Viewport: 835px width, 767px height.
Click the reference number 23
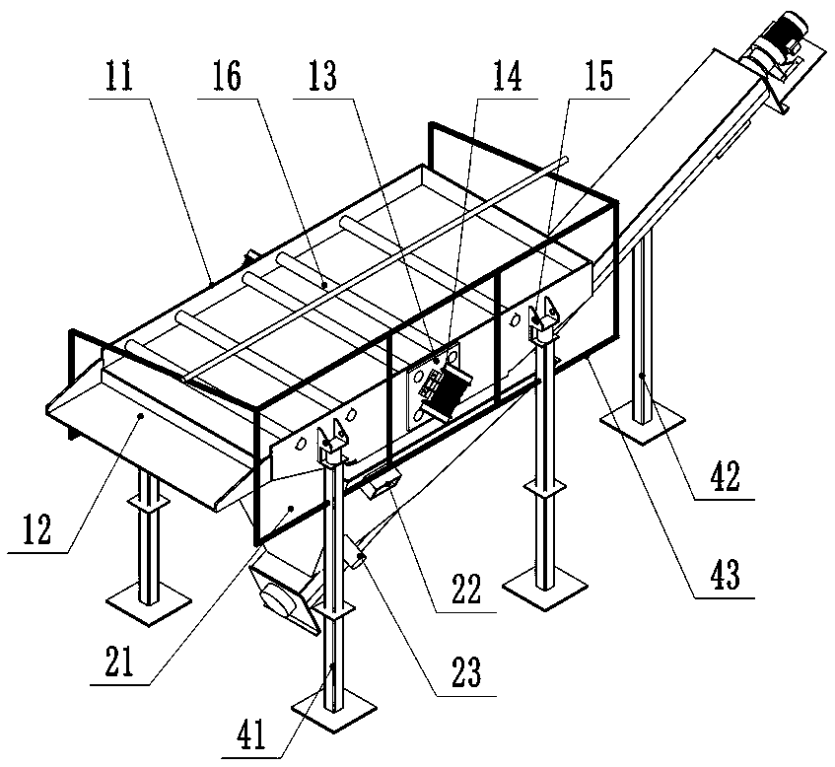(x=464, y=673)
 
